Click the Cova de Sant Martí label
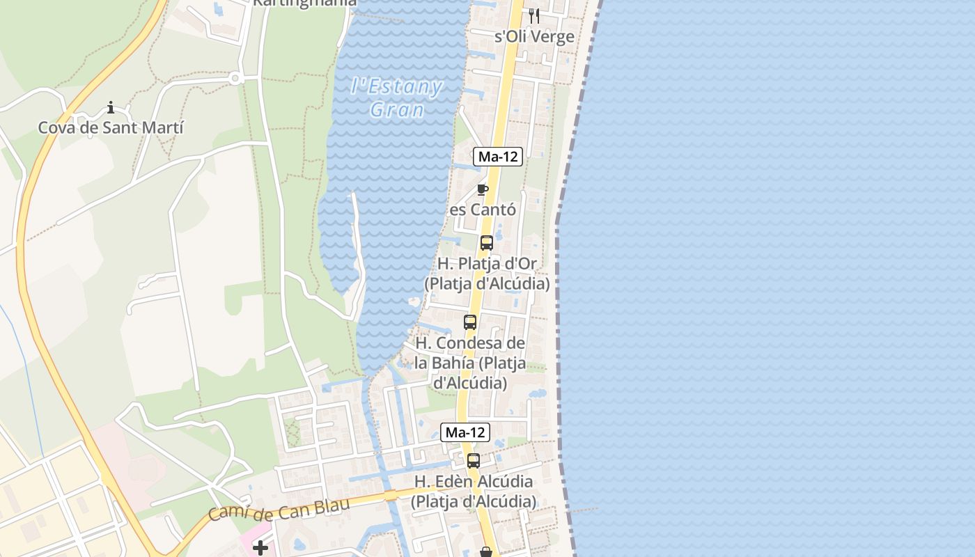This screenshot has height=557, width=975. (111, 128)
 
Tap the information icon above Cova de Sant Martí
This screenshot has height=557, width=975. (111, 107)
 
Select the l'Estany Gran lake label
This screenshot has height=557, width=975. (397, 98)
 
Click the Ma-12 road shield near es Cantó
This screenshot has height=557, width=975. (498, 157)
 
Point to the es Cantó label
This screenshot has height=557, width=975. (483, 210)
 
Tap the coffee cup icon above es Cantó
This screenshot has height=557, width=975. (482, 189)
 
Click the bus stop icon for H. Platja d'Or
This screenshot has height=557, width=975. (487, 243)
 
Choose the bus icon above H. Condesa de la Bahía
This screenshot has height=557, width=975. (470, 322)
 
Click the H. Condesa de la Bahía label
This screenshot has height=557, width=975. (470, 363)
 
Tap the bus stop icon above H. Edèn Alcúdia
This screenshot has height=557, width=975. (474, 460)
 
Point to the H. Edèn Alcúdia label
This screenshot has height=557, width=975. (474, 491)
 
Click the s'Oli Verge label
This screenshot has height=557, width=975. (534, 37)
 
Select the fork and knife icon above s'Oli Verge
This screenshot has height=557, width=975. (534, 15)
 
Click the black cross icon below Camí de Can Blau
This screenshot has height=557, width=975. (260, 549)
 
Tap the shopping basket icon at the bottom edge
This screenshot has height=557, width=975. (486, 552)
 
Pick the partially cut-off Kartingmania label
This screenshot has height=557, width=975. (305, 3)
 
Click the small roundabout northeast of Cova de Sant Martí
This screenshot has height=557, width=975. (235, 79)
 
